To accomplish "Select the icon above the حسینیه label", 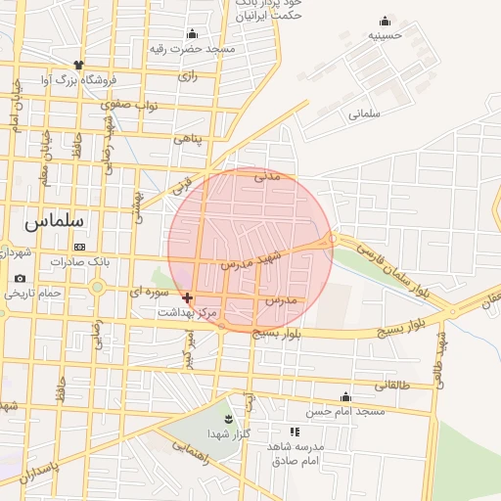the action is (385, 21).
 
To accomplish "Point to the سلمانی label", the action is (362, 114).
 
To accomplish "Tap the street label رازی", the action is (188, 75).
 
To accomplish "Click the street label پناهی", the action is (187, 138).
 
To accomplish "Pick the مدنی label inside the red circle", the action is (267, 177).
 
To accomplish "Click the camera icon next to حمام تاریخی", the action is (20, 279).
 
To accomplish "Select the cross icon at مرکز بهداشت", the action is (187, 296).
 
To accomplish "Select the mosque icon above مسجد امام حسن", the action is (344, 396).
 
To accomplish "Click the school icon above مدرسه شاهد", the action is (294, 431).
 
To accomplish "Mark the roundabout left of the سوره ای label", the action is (97, 287).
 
